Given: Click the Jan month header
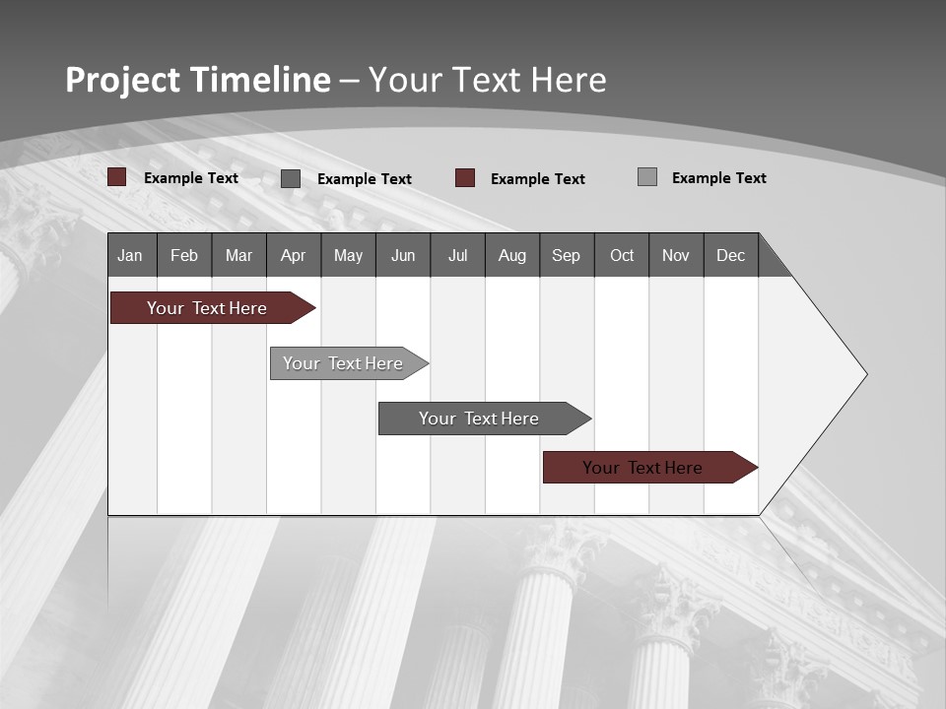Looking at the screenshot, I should click(130, 255).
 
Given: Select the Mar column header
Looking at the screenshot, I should click(238, 255).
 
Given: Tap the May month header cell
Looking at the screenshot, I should click(348, 255).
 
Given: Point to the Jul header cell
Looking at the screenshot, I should click(457, 255).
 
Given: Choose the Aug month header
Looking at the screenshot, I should click(511, 255).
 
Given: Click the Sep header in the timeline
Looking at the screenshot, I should click(566, 255).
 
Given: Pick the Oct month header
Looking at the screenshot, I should click(622, 255).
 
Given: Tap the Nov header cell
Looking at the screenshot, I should click(675, 255).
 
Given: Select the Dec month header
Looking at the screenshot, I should click(730, 255).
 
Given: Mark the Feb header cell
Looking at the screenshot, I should click(184, 255).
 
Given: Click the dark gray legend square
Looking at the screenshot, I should click(291, 178).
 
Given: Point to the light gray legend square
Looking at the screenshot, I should click(647, 177).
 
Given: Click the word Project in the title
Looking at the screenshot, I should click(122, 80).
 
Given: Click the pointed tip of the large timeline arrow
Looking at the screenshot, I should click(865, 373).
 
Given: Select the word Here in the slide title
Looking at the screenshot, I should click(569, 80).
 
